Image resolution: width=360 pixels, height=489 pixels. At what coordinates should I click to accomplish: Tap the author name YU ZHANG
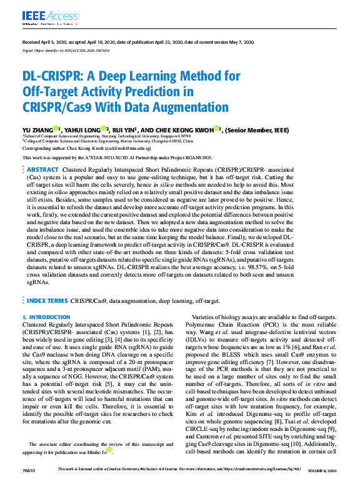pos(39,129)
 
